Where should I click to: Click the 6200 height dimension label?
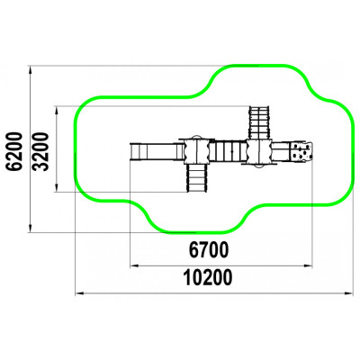point(15,151)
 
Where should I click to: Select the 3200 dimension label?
point(40,151)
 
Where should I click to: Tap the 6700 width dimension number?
point(209,250)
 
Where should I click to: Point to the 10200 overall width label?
point(208,278)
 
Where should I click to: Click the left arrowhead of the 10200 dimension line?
point(79,293)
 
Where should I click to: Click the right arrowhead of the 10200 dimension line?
point(348,293)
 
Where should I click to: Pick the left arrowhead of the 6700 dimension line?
point(134,265)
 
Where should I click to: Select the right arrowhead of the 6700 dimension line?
point(309,265)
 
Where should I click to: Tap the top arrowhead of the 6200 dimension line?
point(31,70)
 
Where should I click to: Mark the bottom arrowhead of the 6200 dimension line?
point(31,228)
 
